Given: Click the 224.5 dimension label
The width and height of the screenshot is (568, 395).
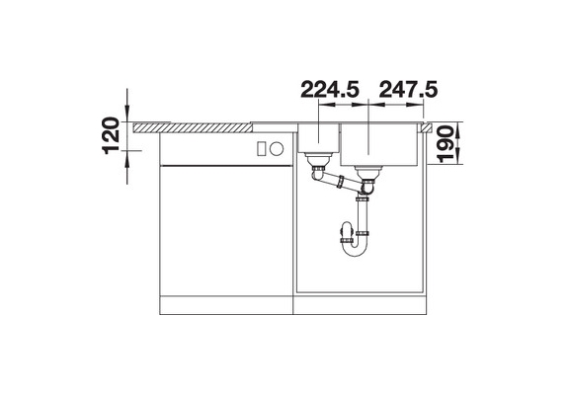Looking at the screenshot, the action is pos(330,90).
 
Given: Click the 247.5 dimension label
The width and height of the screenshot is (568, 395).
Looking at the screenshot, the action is pos(408,90).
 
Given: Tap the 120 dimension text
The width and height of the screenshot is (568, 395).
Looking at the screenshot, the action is pos(112,135).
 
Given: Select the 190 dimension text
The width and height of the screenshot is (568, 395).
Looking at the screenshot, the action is pos(446,144).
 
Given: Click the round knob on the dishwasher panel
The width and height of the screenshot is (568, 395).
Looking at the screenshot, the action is pos(277,148).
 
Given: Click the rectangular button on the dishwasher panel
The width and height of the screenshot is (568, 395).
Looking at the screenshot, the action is pos(262,149).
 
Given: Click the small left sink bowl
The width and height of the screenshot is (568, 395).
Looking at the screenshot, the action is pos(318,138).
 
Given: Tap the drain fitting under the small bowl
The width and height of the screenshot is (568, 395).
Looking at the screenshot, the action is pos(318,160).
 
